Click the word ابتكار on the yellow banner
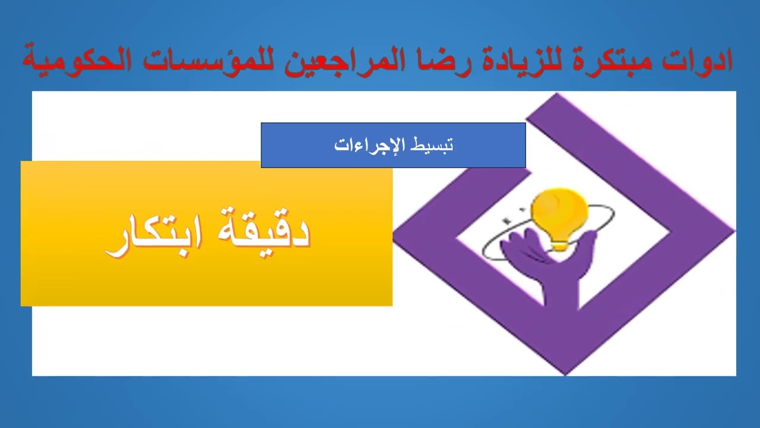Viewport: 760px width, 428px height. [x=151, y=235]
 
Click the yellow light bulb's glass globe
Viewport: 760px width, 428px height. [x=559, y=208]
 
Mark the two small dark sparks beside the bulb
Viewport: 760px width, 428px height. [x=508, y=219]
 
